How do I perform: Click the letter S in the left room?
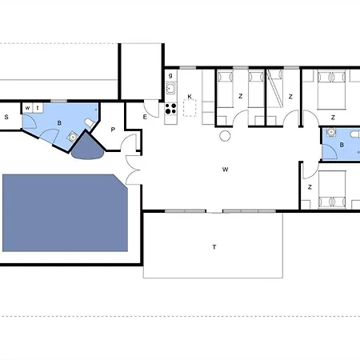[x=6, y=117]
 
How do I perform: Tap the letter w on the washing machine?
[x=27, y=108]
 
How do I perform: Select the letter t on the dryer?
[x=38, y=108]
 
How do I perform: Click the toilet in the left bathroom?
[x=90, y=123]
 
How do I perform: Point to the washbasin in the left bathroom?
[x=73, y=137]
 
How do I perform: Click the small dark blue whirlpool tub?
[x=87, y=146]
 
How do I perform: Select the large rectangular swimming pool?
[x=65, y=213]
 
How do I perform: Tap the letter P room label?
[x=113, y=130]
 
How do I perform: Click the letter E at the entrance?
[x=145, y=117]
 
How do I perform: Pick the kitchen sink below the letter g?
[x=170, y=88]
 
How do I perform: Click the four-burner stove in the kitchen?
[x=170, y=109]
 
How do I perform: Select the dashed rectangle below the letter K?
[x=190, y=108]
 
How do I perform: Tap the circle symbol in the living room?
[x=225, y=136]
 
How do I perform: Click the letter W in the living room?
[x=225, y=170]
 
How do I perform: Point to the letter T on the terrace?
[x=214, y=247]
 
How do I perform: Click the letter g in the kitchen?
[x=170, y=75]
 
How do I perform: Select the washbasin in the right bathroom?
[x=331, y=132]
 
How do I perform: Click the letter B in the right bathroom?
[x=342, y=145]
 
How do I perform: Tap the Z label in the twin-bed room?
[x=240, y=96]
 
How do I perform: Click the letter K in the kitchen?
[x=190, y=97]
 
